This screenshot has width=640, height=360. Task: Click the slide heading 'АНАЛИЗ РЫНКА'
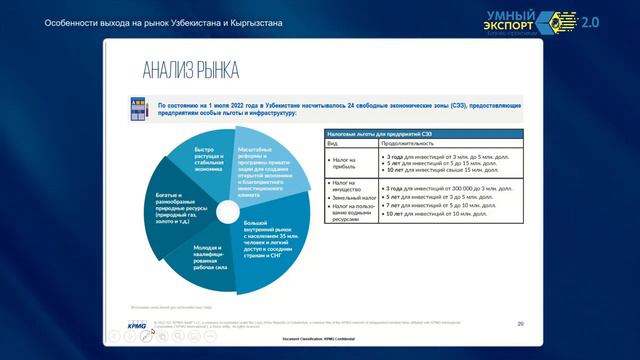189,70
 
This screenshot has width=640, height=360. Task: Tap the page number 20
520,324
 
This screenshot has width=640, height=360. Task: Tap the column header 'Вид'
334,144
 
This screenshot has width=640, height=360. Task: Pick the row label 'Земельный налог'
349,197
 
